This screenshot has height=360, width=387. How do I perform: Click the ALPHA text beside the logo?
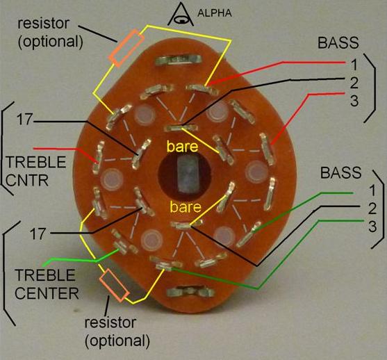point(215,13)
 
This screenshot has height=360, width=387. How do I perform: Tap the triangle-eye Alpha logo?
point(181,15)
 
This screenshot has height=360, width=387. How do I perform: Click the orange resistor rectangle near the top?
point(126,48)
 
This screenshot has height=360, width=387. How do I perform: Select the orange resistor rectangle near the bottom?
point(114,285)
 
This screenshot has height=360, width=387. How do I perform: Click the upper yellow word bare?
point(183,146)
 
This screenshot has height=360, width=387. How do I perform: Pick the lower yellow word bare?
point(186,206)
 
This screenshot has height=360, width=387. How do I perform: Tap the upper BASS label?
point(338,42)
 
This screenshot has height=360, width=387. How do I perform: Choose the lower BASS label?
point(341,172)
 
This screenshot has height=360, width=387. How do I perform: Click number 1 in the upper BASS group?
point(354,65)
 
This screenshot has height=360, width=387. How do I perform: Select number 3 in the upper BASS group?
point(354,100)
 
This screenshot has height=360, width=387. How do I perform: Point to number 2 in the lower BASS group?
point(372,208)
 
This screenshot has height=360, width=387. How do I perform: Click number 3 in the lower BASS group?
point(372,227)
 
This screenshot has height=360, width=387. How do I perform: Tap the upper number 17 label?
point(24,120)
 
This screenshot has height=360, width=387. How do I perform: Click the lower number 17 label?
point(38,234)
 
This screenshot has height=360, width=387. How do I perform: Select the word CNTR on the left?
point(27,180)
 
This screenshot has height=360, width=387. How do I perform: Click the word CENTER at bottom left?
point(47,293)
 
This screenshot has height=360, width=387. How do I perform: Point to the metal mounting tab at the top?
point(179,60)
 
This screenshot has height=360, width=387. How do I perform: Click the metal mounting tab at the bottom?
point(190,292)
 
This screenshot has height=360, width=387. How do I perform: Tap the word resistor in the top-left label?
point(44,23)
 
